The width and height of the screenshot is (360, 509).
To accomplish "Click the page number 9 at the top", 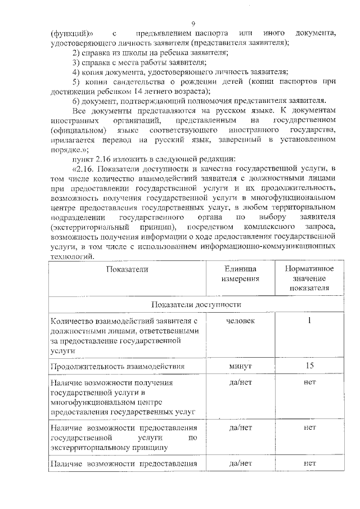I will (193, 24).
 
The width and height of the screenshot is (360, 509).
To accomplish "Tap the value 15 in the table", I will (309, 367).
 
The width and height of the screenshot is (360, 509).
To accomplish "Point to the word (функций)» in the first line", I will (68, 33).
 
